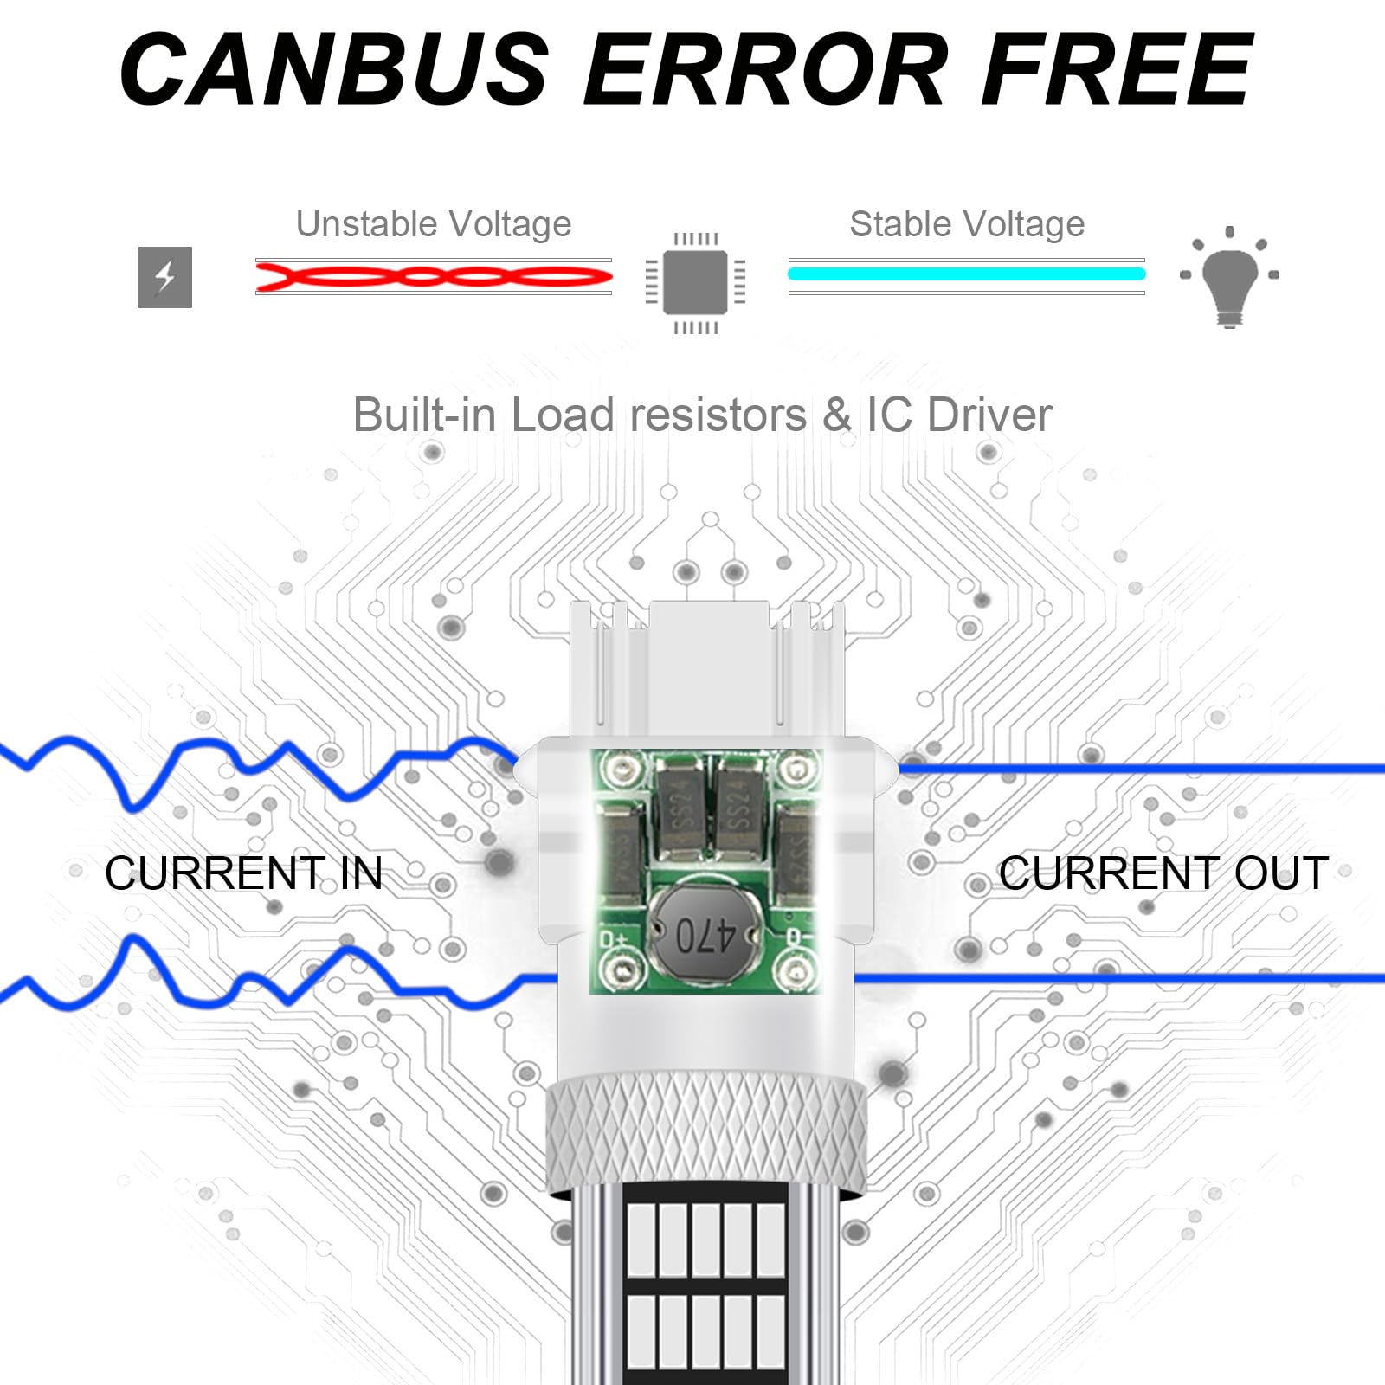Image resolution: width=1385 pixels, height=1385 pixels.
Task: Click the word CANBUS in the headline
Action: pyautogui.click(x=334, y=69)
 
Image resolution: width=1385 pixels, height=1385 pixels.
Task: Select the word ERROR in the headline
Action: pyautogui.click(x=765, y=69)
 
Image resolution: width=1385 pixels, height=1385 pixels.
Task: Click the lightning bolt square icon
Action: pyautogui.click(x=164, y=277)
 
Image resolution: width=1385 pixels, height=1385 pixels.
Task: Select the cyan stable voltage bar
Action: pyautogui.click(x=967, y=274)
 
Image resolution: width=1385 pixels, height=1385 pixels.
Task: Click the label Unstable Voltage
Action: pyautogui.click(x=434, y=224)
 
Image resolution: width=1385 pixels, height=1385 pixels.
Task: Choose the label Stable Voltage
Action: pyautogui.click(x=967, y=224)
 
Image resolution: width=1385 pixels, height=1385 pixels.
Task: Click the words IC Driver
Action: pyautogui.click(x=959, y=415)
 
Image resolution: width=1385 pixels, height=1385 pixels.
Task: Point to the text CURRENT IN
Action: pyautogui.click(x=243, y=873)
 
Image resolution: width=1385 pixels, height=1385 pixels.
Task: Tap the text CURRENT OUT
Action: pyautogui.click(x=1163, y=873)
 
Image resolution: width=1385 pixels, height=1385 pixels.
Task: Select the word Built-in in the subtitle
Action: pyautogui.click(x=425, y=415)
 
